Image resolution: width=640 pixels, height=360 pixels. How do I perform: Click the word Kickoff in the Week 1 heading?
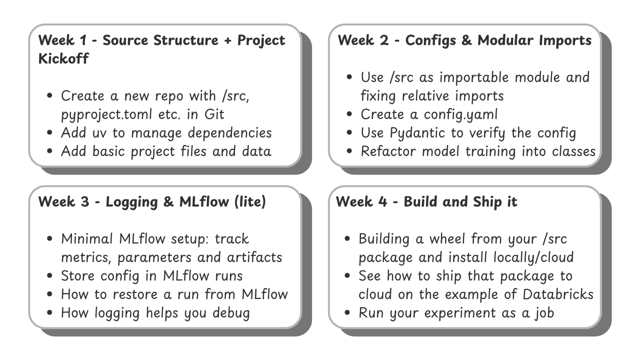(63, 58)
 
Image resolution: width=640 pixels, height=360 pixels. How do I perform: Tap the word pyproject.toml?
(106, 115)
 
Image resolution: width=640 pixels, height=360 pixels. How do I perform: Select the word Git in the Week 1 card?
(214, 114)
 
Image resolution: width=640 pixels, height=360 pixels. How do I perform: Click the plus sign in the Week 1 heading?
(227, 40)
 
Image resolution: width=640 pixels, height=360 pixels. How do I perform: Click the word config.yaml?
(460, 115)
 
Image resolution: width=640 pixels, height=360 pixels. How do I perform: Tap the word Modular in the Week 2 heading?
(505, 40)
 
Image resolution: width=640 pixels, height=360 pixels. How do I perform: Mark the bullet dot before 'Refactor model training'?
(349, 151)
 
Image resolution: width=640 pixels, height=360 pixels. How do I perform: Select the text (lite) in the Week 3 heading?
(250, 201)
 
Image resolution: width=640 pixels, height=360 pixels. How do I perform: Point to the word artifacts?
(254, 257)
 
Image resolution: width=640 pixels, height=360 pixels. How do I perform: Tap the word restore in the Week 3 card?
(135, 294)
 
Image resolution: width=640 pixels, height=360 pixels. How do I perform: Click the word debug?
(231, 313)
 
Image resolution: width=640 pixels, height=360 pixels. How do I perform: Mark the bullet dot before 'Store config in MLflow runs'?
(49, 275)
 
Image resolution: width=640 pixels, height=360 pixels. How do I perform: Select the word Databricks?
(558, 294)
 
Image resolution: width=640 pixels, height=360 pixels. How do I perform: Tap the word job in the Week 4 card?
(543, 313)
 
